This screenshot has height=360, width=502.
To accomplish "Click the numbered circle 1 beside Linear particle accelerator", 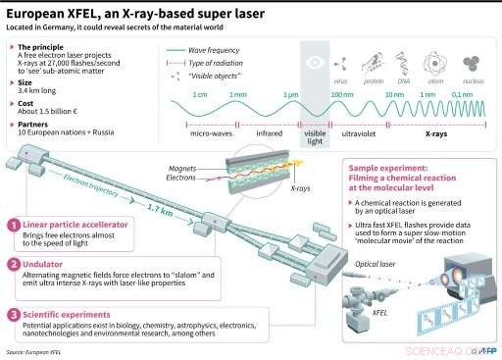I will click(13, 224).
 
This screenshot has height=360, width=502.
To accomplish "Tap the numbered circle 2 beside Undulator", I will click(13, 264).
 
